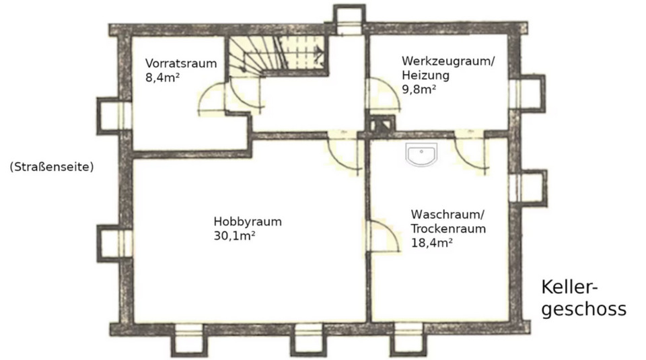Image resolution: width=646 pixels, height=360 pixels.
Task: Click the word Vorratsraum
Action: (x=181, y=64)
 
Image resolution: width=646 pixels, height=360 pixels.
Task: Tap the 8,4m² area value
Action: (x=162, y=77)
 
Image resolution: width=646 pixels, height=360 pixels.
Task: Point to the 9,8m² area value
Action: (x=419, y=88)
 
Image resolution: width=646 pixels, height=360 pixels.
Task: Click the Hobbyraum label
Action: (x=247, y=221)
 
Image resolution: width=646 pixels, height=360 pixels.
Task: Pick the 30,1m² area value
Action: (x=234, y=235)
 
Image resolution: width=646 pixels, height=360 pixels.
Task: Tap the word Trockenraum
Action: (x=448, y=228)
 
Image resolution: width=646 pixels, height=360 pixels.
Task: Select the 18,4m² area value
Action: (x=431, y=242)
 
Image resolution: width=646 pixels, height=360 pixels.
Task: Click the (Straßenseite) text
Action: (x=51, y=166)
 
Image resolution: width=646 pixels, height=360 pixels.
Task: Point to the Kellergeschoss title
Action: (x=583, y=298)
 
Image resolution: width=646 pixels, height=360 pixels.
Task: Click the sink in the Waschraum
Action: (x=422, y=154)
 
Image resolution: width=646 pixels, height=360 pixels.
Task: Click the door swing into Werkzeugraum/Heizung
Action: (x=381, y=94)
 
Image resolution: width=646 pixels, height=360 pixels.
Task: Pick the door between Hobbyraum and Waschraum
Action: (x=382, y=236)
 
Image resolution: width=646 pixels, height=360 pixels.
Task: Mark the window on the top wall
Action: (x=350, y=20)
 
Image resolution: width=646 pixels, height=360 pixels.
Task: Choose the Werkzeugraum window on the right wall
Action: (x=528, y=93)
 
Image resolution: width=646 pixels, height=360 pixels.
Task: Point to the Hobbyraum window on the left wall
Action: (x=112, y=243)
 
